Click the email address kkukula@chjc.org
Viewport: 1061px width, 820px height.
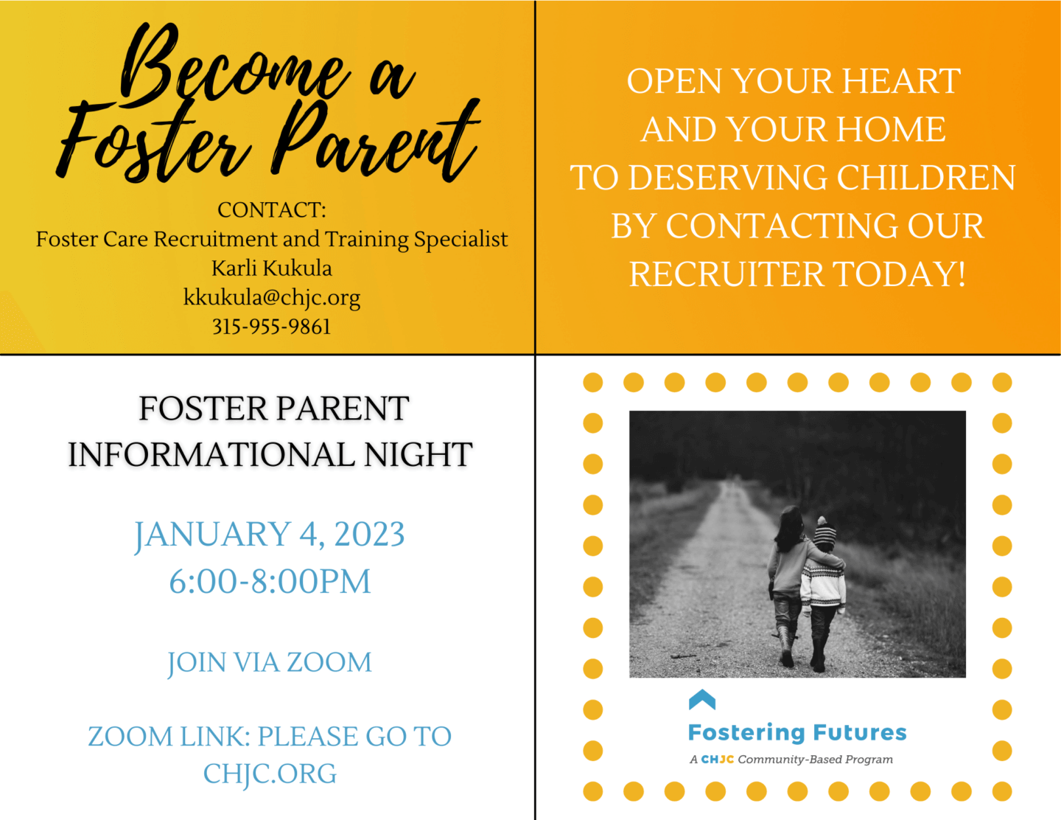[x=272, y=297]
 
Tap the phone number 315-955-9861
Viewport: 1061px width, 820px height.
[x=272, y=327]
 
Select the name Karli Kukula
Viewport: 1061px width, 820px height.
[x=272, y=268]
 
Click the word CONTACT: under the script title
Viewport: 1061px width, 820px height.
[x=272, y=210]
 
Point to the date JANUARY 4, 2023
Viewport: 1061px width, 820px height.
[x=270, y=535]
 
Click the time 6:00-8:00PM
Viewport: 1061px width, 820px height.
[x=270, y=582]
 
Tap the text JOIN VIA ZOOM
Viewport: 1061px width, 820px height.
[x=270, y=662]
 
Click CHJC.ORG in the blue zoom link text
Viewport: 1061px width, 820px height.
[x=270, y=774]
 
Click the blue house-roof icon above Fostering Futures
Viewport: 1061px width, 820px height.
[x=701, y=699]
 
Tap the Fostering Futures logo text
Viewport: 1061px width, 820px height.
[x=797, y=732]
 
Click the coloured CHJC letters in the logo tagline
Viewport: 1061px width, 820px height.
[x=717, y=760]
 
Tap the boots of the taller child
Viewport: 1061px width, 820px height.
[x=785, y=645]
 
